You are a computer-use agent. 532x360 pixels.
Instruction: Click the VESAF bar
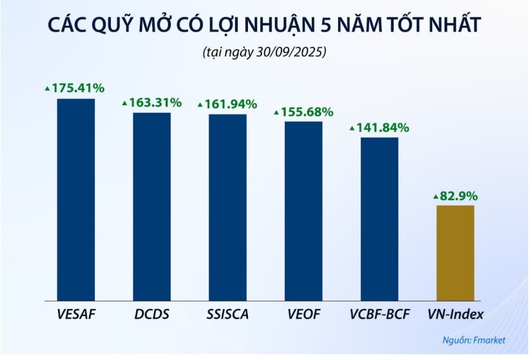(76, 200)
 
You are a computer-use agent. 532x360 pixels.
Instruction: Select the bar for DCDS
(152, 206)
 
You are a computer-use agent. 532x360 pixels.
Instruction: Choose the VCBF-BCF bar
(379, 219)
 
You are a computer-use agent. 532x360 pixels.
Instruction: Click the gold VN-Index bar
(455, 252)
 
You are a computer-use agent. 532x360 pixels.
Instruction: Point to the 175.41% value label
(78, 88)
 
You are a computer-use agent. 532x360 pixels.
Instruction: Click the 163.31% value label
(155, 102)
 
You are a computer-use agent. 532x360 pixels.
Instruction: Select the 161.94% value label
(231, 104)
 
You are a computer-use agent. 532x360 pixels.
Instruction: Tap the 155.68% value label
(307, 112)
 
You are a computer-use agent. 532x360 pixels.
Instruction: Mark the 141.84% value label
(383, 128)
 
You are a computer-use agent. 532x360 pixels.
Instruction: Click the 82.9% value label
(458, 195)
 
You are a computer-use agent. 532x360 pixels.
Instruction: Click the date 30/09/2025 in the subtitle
(294, 52)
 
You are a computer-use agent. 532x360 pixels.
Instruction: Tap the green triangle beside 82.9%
(435, 196)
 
